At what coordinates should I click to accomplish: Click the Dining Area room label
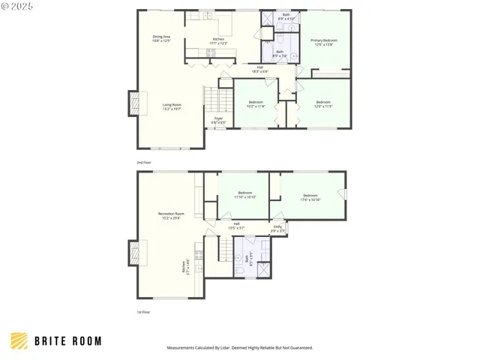click(162, 37)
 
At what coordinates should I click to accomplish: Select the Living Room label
click(172, 106)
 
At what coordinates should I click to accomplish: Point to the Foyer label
click(218, 120)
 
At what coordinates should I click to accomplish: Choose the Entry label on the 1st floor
click(277, 228)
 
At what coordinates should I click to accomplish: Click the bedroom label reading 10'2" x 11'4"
click(256, 103)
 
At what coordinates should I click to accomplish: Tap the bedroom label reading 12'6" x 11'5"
click(323, 103)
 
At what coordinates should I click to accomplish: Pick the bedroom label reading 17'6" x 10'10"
click(310, 198)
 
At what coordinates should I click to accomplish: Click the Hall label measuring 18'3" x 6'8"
click(259, 69)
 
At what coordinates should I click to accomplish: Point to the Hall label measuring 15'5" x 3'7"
click(236, 225)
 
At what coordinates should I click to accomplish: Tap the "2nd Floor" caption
click(143, 162)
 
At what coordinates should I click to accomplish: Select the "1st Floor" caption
click(142, 312)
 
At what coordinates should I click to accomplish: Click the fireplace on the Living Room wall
click(133, 103)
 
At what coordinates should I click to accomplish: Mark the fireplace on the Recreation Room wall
click(133, 253)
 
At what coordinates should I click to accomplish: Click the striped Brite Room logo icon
click(20, 341)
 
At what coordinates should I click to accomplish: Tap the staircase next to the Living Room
click(214, 97)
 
